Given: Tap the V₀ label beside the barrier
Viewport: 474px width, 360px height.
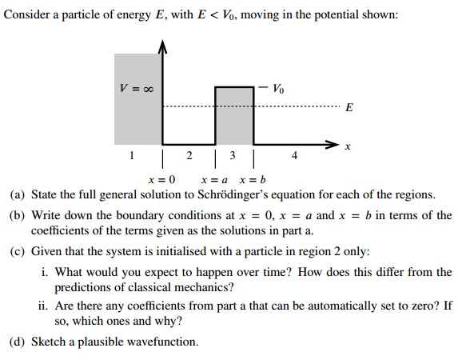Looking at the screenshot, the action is click(x=277, y=86).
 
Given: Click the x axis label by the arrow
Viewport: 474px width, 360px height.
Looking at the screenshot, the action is click(x=347, y=148).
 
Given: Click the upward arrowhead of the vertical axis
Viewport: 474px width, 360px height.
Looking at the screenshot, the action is click(x=163, y=48).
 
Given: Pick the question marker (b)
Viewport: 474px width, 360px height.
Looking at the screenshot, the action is click(x=17, y=215).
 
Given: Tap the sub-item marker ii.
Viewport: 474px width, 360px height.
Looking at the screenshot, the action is click(x=43, y=306).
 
